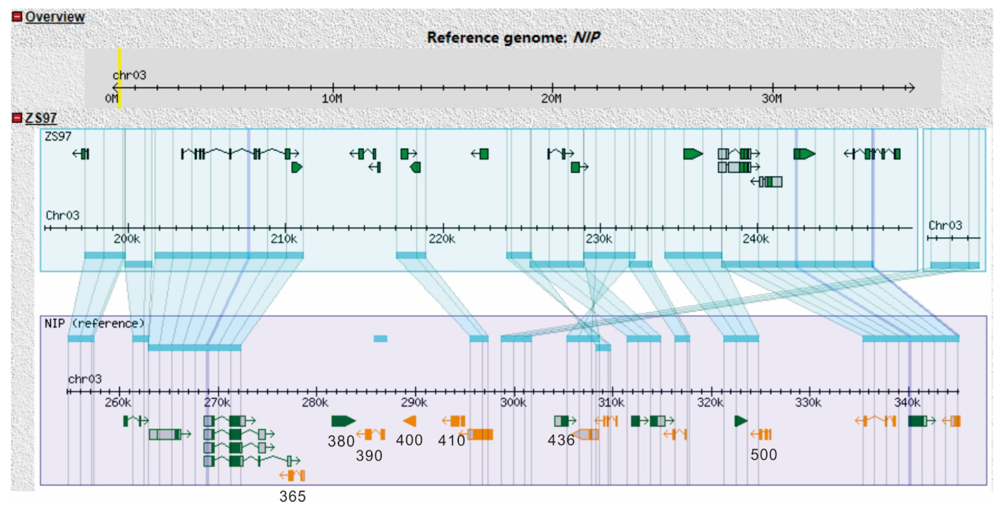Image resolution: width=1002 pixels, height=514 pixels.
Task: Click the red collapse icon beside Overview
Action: [x=17, y=17]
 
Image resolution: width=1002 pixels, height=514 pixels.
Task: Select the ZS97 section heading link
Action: [x=41, y=118]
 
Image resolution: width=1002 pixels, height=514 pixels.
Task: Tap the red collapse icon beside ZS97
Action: [x=17, y=118]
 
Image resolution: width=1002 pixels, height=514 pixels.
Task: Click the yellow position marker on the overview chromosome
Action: [x=119, y=78]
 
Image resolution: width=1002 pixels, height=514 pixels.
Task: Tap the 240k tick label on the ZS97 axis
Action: [x=755, y=239]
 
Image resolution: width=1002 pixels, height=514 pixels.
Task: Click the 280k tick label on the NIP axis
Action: [x=315, y=402]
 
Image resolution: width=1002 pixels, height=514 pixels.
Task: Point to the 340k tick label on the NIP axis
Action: [x=907, y=402]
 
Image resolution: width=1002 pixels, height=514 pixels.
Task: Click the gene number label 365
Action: [x=292, y=496]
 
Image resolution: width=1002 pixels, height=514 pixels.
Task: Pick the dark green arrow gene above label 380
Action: [x=343, y=421]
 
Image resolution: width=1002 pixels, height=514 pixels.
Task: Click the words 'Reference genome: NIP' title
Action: [x=513, y=38]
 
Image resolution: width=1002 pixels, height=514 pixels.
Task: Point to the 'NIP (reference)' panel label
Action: [x=94, y=323]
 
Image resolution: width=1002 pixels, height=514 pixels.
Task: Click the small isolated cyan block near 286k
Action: [x=380, y=339]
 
